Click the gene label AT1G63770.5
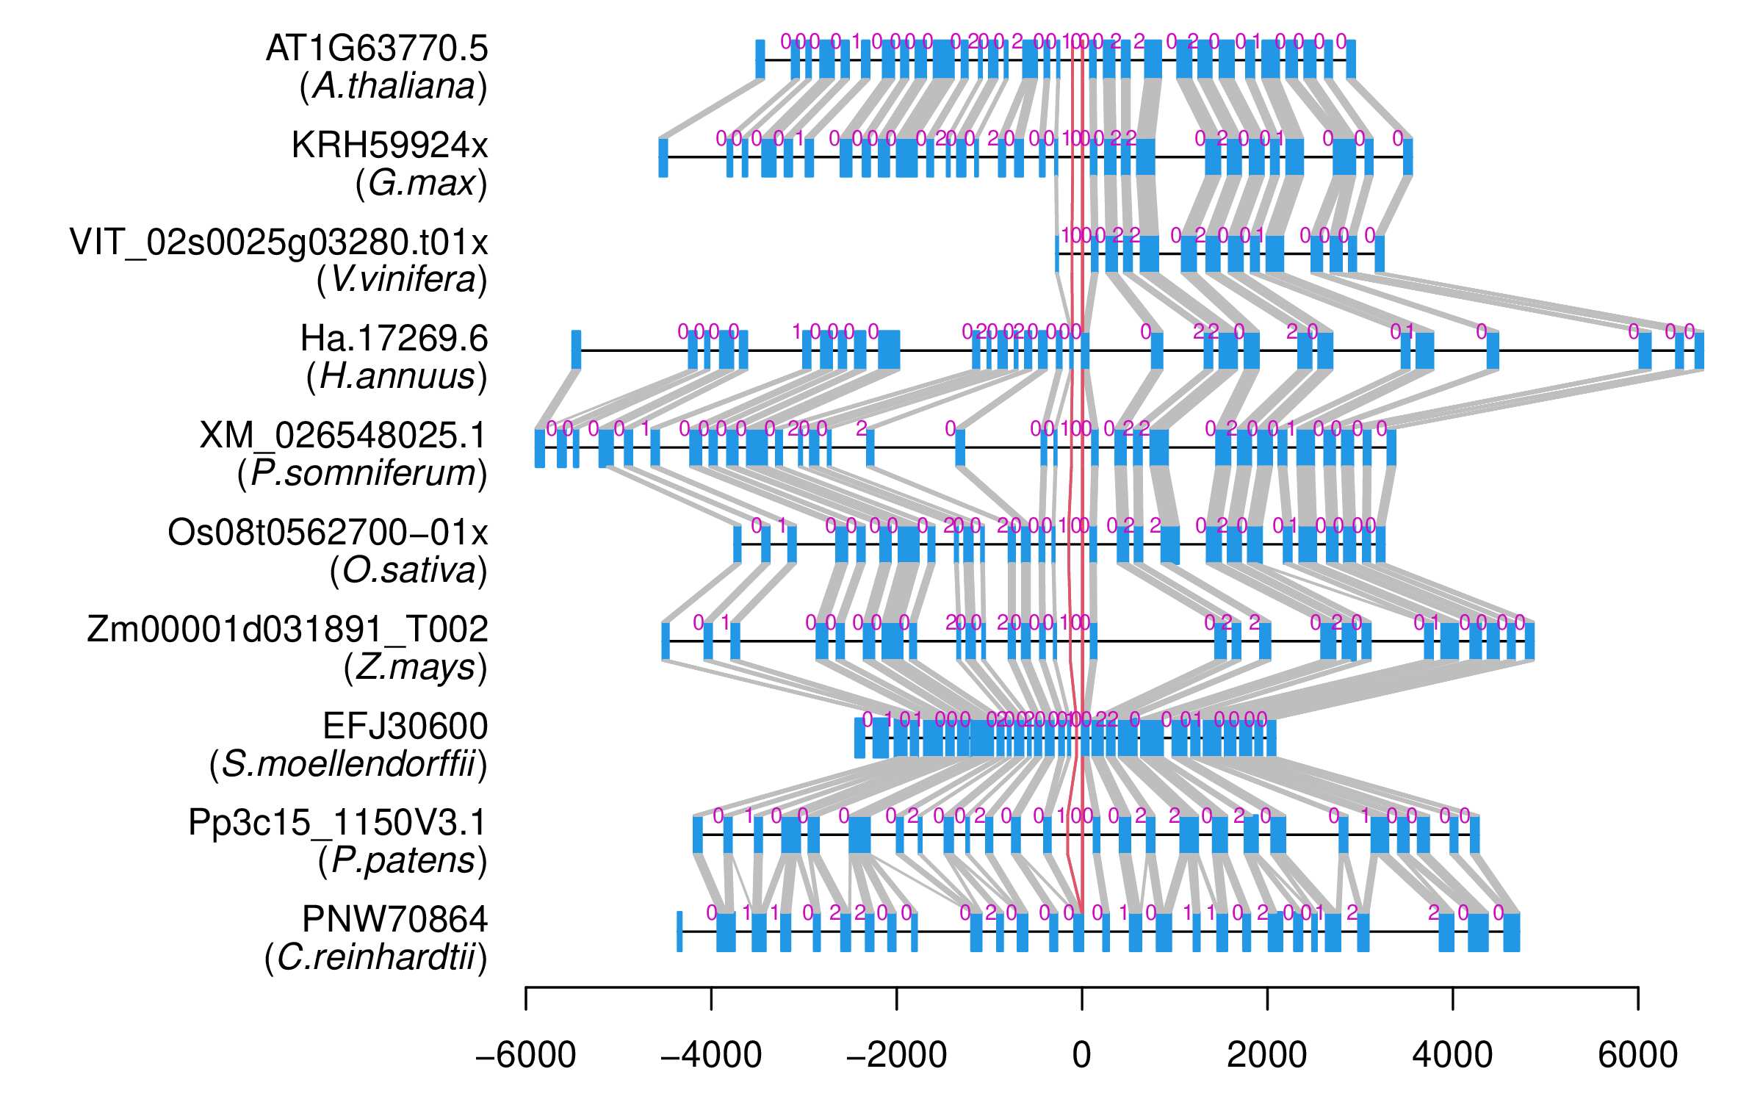pyautogui.click(x=377, y=48)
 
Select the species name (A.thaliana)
pyautogui.click(x=393, y=87)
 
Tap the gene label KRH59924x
pyautogui.click(x=389, y=145)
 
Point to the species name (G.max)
pyautogui.click(x=421, y=184)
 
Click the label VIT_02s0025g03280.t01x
pyautogui.click(x=279, y=242)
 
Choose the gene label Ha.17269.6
pyautogui.click(x=394, y=339)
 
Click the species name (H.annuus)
pyautogui.click(x=397, y=377)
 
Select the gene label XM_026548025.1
pyautogui.click(x=343, y=436)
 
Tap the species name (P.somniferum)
pyautogui.click(x=362, y=474)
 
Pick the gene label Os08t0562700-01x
pyautogui.click(x=328, y=533)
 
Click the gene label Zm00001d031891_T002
pyautogui.click(x=287, y=630)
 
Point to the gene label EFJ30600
pyautogui.click(x=405, y=727)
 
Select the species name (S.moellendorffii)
pyautogui.click(x=348, y=765)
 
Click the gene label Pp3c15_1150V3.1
pyautogui.click(x=337, y=823)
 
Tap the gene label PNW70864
pyautogui.click(x=394, y=920)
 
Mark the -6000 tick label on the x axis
pyautogui.click(x=526, y=1056)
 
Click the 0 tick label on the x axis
pyautogui.click(x=1081, y=1056)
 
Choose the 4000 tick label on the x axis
pyautogui.click(x=1452, y=1056)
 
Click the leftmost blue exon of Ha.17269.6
pyautogui.click(x=576, y=350)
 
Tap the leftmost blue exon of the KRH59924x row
pyautogui.click(x=663, y=156)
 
